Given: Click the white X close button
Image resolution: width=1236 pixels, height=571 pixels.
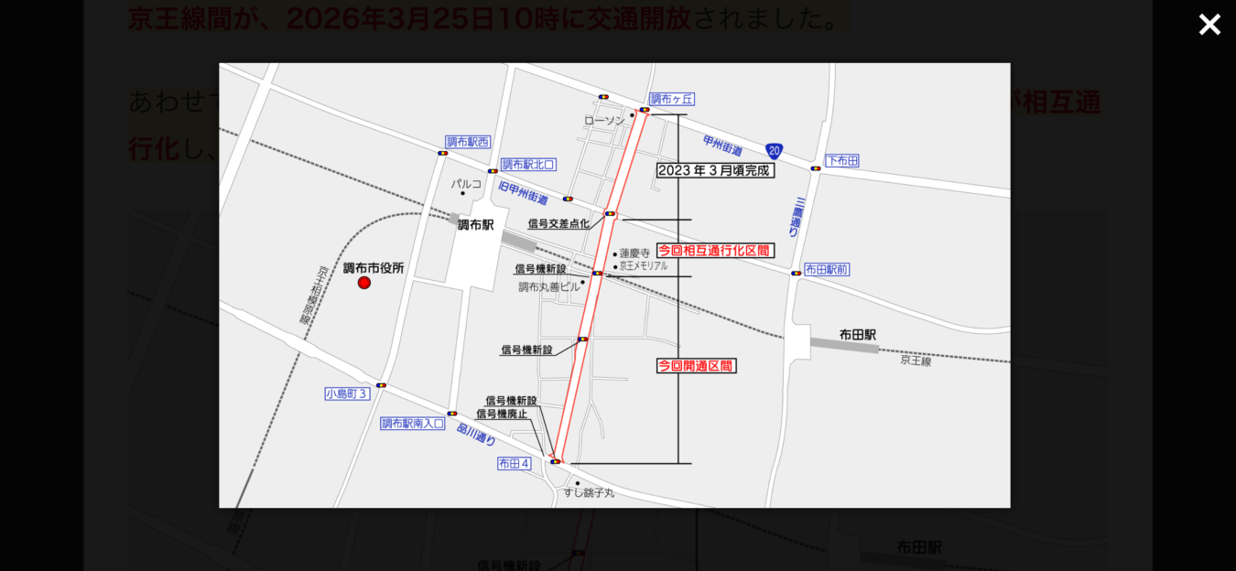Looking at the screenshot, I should [x=1209, y=25].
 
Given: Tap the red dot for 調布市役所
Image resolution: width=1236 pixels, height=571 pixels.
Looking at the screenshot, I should [x=364, y=283].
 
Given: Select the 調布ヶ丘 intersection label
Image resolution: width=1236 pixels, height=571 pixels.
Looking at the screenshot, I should [x=673, y=99].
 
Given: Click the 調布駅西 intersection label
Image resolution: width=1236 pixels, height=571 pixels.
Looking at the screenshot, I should [x=468, y=142].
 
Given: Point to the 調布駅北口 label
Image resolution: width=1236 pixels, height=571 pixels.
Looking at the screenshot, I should [x=528, y=165].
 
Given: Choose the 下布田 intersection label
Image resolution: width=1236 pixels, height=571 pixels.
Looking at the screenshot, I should [x=842, y=161].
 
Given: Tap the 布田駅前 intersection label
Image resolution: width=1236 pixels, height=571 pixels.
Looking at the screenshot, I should [x=827, y=269].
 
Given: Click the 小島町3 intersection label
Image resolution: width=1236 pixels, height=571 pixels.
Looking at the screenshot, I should [x=347, y=393].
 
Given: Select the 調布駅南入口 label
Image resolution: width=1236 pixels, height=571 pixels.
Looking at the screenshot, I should [x=413, y=424].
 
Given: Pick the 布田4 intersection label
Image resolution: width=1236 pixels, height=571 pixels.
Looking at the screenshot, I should [x=514, y=464].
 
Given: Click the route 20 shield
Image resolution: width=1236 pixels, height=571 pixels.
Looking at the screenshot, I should [x=775, y=151].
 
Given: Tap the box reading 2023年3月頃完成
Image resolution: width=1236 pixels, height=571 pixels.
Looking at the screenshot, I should [x=715, y=170].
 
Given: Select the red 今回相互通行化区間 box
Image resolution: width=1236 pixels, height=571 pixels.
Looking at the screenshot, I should [x=715, y=250].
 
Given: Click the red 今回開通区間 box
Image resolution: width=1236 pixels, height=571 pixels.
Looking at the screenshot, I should [x=697, y=366].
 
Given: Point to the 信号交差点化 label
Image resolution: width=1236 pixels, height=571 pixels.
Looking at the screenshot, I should [x=558, y=223].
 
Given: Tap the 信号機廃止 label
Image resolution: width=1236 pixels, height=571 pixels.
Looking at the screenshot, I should [x=502, y=414].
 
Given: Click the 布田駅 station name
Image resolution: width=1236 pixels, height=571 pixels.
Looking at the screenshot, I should [x=858, y=335].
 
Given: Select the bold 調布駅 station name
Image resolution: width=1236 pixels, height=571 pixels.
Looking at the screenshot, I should [x=476, y=224].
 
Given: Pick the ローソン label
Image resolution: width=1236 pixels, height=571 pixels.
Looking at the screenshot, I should [x=604, y=120].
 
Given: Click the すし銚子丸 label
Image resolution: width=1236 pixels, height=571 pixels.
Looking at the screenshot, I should [x=589, y=492].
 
